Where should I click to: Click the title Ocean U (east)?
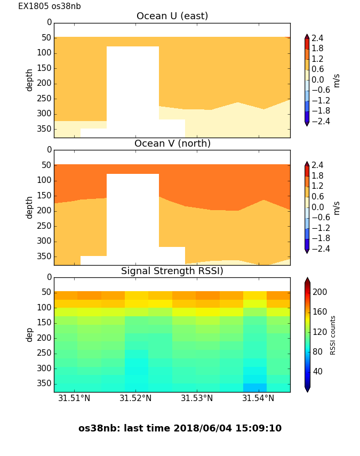[172, 16]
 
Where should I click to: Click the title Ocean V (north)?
[172, 143]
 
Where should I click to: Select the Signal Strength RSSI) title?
[172, 271]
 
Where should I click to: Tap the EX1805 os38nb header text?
[50, 6]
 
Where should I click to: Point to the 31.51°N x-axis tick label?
[74, 398]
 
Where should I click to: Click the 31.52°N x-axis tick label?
[135, 398]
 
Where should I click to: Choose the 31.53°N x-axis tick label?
[197, 398]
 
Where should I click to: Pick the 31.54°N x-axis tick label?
[259, 398]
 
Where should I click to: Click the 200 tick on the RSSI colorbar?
[319, 292]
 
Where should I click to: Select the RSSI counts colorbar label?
[333, 334]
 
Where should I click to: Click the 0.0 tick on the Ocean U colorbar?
[317, 80]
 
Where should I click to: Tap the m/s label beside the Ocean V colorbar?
[337, 207]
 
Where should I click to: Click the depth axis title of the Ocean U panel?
[30, 80]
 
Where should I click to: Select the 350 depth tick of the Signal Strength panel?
[44, 383]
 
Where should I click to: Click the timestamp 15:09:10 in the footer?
[261, 428]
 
